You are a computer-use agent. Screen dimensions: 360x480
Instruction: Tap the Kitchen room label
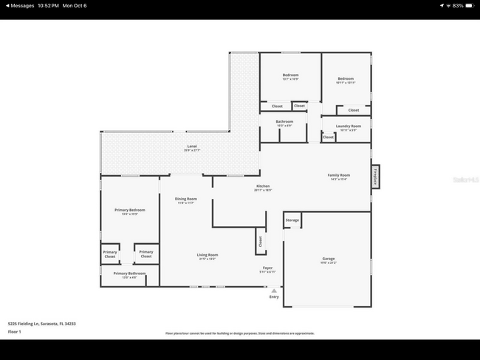(x=262, y=187)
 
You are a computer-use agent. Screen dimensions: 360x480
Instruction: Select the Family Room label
(x=339, y=176)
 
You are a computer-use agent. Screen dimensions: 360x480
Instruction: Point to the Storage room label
(x=292, y=220)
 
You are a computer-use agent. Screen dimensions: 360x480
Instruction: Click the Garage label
(x=328, y=259)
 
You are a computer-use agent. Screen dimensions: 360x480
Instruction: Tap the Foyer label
(x=268, y=269)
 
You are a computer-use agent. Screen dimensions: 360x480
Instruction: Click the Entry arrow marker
(x=274, y=291)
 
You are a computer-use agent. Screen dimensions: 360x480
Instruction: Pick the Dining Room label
(x=186, y=200)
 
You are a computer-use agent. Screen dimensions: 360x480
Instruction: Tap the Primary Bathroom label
(x=129, y=274)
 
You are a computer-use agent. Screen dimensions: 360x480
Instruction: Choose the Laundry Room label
(x=348, y=127)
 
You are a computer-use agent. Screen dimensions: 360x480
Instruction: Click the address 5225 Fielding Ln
(x=42, y=324)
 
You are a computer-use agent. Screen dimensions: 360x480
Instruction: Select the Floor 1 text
(x=16, y=332)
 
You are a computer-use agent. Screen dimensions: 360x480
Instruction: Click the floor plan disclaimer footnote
(x=240, y=333)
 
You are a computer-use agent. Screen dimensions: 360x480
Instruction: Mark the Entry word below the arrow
(x=274, y=297)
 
